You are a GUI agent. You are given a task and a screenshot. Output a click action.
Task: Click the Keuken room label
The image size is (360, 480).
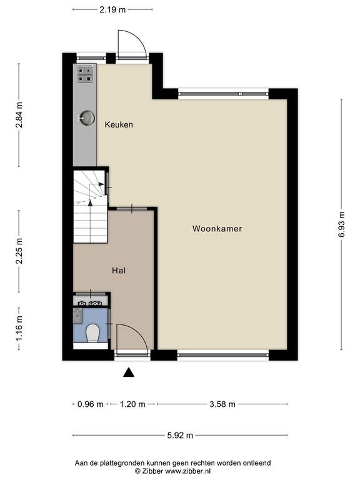coord(119,124)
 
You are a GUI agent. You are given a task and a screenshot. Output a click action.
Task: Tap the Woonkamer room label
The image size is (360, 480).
coord(217,229)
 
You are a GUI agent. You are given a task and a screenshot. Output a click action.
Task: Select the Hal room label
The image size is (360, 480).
coord(119,271)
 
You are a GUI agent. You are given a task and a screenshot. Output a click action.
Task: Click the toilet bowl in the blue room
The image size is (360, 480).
coord(92,333)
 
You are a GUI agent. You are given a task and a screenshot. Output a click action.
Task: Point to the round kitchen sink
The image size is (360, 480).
coord(87,118)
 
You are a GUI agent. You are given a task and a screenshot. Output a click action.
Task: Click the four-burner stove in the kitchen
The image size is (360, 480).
coord(84,75)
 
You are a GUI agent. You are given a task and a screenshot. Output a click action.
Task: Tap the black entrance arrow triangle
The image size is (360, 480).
coord(129,372)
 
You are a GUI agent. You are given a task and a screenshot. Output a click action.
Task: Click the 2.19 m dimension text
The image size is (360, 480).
coord(112,10)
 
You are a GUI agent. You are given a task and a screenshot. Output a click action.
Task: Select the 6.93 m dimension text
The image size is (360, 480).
coord(342,224)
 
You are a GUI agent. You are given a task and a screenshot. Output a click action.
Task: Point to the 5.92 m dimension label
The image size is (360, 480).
coord(180,435)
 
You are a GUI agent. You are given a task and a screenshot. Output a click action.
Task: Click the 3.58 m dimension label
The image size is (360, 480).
coord(222,404)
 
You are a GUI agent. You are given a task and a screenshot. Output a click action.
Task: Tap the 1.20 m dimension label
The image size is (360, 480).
coord(132,404)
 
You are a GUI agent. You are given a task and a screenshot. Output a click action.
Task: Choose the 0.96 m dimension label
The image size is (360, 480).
coord(90,404)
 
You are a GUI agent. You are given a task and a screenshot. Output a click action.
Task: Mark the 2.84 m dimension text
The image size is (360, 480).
coord(19,115)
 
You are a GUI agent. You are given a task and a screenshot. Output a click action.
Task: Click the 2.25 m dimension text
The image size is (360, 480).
coord(19,251)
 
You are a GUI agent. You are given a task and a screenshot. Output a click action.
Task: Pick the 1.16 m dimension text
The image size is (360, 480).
coord(19,329)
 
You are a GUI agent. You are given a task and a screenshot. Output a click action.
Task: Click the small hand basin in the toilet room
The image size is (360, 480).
coord(77,316)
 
